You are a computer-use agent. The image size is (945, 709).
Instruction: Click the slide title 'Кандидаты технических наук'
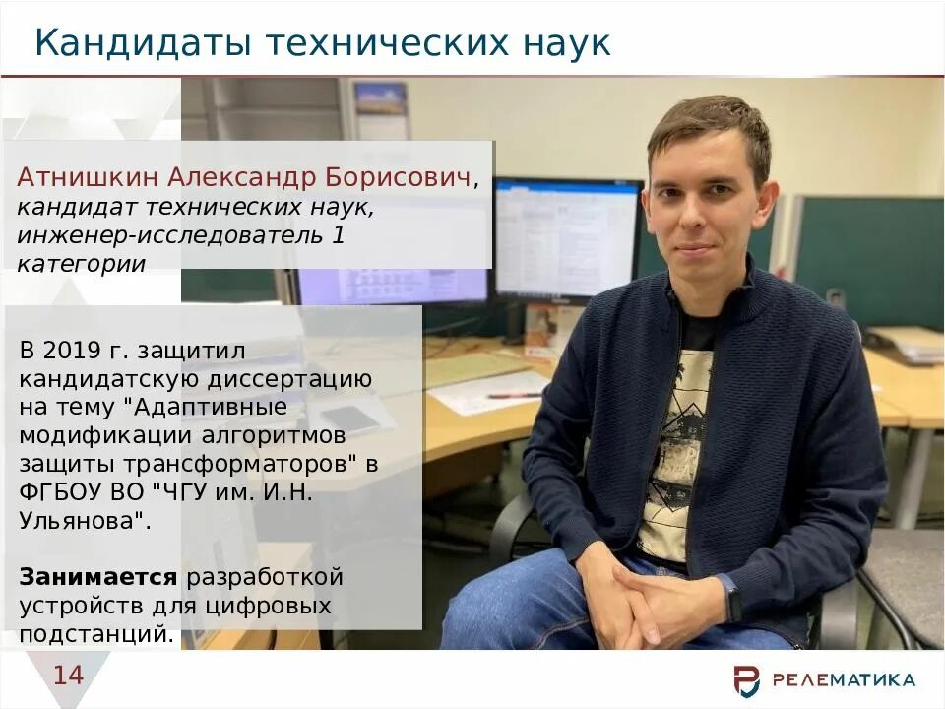coord(323,43)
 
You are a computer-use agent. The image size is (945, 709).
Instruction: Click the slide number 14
coord(68,676)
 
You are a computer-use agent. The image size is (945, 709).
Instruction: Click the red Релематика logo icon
coord(747,679)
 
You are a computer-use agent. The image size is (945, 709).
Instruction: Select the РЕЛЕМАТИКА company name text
coord(844,679)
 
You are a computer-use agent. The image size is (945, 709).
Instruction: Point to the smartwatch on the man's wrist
coord(732,598)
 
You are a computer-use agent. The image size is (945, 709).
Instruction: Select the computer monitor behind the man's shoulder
coord(566,236)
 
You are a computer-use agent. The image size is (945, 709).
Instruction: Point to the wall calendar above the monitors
coord(381,108)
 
